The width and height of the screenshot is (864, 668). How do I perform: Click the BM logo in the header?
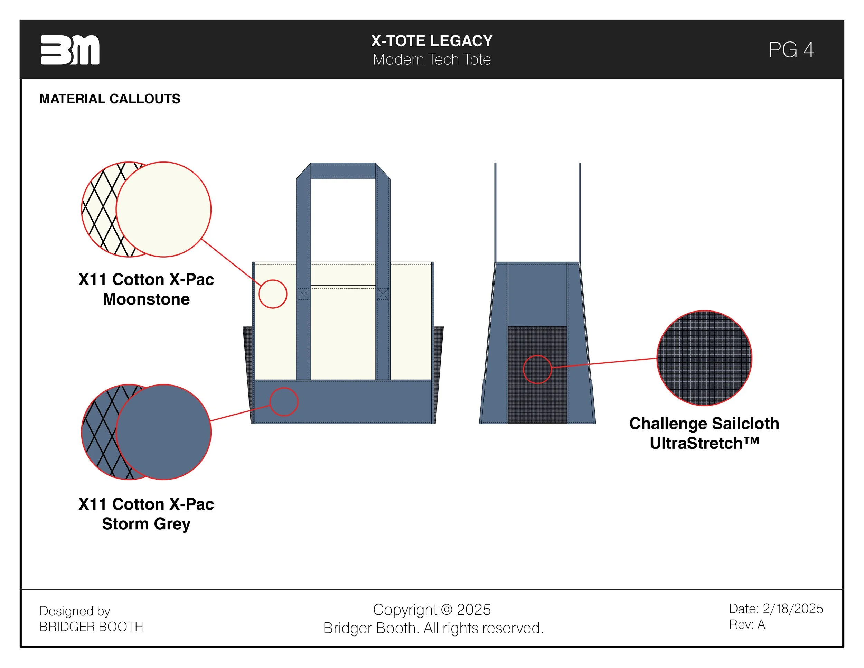click(x=70, y=50)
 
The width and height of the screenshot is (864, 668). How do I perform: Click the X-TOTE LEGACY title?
click(x=432, y=41)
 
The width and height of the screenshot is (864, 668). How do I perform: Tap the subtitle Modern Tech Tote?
click(x=432, y=59)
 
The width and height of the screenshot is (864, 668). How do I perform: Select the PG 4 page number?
click(x=791, y=50)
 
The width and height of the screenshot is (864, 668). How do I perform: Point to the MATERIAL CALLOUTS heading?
click(x=110, y=99)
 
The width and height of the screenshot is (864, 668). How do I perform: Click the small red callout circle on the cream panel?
click(x=273, y=294)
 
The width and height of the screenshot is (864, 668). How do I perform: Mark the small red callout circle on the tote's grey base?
click(x=284, y=402)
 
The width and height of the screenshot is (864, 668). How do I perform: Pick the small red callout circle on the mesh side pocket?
click(x=537, y=369)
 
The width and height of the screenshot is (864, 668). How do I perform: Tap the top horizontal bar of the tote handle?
click(x=343, y=170)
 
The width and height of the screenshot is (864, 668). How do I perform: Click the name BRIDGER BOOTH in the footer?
click(x=91, y=627)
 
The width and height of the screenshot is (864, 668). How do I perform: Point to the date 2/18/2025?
click(x=792, y=609)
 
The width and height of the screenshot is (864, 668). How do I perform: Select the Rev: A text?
click(x=746, y=624)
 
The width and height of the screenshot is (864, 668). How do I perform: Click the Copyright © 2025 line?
click(x=432, y=610)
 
